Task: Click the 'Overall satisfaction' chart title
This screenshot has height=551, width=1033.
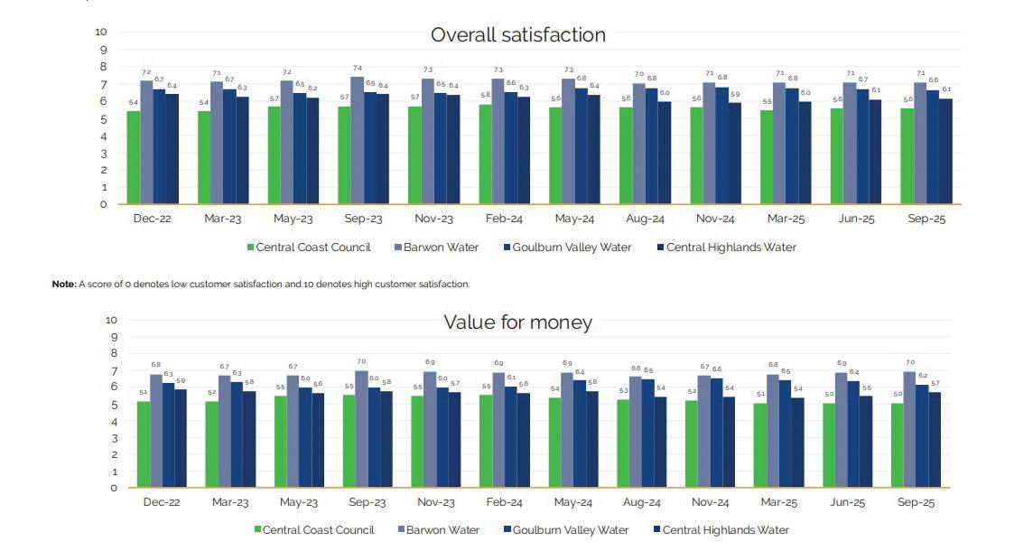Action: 517,35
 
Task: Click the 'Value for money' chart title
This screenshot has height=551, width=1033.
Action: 517,322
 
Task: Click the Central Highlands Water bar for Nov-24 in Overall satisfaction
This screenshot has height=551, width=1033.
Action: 735,154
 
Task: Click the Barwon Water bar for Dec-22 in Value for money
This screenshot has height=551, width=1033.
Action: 156,431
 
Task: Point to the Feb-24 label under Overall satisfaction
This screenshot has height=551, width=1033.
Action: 505,219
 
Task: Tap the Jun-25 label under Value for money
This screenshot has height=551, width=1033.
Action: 852,502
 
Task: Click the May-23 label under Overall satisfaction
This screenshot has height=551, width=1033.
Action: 293,219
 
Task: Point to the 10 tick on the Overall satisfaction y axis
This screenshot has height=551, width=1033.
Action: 101,33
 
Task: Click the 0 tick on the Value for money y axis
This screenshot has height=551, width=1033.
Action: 114,488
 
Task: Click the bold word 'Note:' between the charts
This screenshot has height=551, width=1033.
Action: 64,284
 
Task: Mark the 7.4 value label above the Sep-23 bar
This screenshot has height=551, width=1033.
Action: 358,69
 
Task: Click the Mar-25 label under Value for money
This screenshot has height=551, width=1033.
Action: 782,502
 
